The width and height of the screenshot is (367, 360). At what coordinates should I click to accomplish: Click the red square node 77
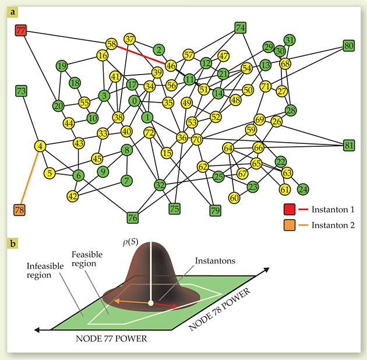click(x=22, y=30)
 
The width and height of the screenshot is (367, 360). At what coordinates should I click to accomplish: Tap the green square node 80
click(x=349, y=45)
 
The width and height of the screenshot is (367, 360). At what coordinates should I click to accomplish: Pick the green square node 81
click(x=349, y=145)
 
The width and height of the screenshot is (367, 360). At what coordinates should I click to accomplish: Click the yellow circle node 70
click(x=197, y=139)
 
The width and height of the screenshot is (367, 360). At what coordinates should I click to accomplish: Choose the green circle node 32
click(x=160, y=185)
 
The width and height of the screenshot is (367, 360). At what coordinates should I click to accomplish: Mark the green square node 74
click(x=241, y=27)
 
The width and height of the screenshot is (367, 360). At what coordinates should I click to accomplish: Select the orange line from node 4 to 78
click(x=30, y=178)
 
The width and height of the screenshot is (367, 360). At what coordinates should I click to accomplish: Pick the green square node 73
click(x=22, y=91)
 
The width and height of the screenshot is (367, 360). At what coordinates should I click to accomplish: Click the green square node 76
click(x=133, y=218)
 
